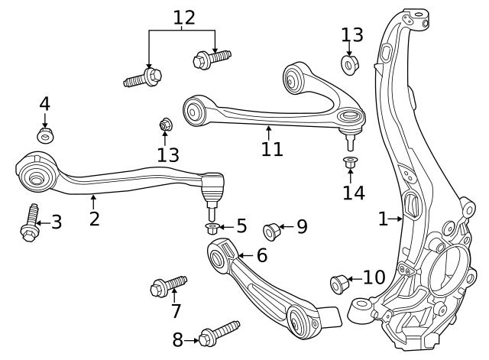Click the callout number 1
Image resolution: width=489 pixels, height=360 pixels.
coord(383,219)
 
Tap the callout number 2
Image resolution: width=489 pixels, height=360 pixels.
coord(94,219)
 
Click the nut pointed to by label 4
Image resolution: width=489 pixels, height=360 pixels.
coord(45,135)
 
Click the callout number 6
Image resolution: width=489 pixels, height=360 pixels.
coord(261,255)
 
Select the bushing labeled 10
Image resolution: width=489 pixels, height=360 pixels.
coord(339,284)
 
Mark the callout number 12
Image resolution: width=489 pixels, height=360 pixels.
coord(184,17)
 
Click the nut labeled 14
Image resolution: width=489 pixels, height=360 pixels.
coord(351,162)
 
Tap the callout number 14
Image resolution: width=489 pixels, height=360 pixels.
coord(354,193)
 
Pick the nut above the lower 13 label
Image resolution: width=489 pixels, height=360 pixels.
coord(165,125)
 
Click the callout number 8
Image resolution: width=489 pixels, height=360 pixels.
coord(178,339)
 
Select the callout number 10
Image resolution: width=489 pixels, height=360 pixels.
coord(374,277)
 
